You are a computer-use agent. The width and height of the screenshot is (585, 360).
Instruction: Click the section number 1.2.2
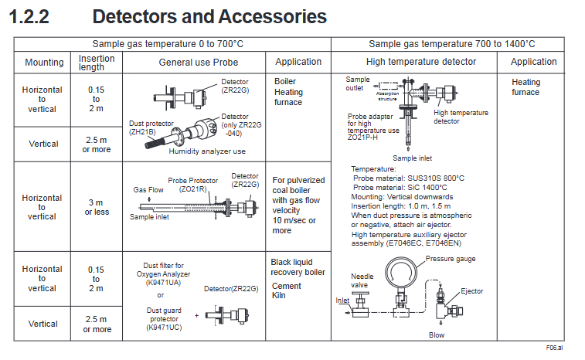tap(29, 16)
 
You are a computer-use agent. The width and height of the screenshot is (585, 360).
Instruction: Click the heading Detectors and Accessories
tap(209, 16)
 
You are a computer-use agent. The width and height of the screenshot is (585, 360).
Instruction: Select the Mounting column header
tap(45, 63)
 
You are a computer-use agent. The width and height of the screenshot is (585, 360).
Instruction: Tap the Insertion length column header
tap(97, 63)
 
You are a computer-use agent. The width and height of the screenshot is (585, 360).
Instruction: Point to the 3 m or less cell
tap(97, 206)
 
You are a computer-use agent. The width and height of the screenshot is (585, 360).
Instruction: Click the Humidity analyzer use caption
tap(207, 151)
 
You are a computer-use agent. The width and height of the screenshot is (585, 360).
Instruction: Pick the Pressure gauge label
tap(451, 259)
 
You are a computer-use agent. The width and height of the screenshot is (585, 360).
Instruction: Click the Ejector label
tap(471, 291)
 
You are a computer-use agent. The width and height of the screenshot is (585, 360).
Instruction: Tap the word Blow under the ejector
tap(437, 335)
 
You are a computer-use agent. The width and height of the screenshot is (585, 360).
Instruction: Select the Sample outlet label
tap(359, 83)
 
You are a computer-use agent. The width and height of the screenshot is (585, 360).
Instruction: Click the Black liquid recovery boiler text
tap(298, 267)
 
